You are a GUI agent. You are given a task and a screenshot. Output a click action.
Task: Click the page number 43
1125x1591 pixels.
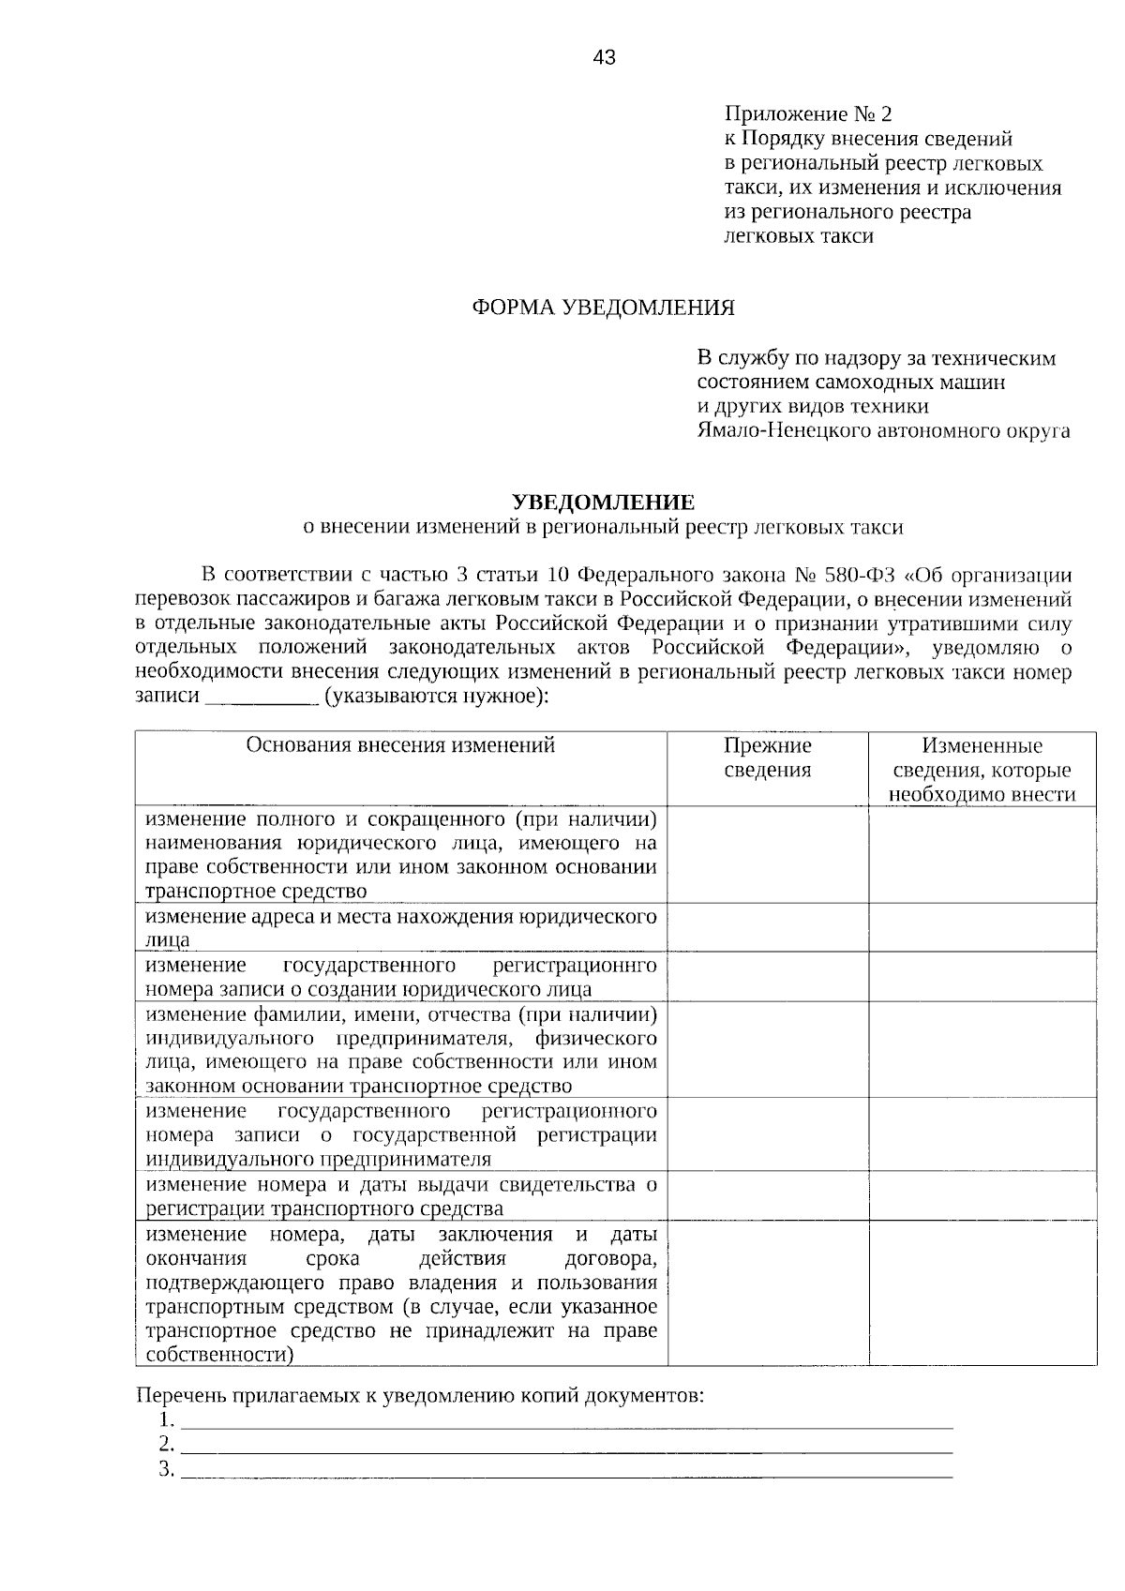coord(605,59)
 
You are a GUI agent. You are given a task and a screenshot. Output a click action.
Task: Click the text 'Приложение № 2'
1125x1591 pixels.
coord(807,114)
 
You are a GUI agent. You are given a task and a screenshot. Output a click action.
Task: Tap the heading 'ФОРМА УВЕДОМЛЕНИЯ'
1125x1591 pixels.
coord(603,308)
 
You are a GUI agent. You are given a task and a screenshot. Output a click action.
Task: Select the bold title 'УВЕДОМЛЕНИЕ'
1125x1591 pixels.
coord(603,503)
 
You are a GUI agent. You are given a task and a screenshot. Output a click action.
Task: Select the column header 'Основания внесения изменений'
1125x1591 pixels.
coord(400,745)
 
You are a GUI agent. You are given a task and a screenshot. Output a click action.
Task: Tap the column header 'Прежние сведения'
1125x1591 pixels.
coord(767,758)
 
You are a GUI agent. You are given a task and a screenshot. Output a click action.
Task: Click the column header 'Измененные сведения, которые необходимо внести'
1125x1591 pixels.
coord(982,770)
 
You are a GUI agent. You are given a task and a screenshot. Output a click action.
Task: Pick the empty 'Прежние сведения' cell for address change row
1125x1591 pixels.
coord(767,927)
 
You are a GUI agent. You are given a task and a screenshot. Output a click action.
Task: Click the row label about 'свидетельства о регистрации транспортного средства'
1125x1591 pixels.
coord(400,1196)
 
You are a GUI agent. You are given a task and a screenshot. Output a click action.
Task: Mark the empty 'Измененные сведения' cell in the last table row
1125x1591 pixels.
coord(982,1293)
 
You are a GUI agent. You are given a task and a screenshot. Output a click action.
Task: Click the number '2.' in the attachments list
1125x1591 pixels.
coord(167,1443)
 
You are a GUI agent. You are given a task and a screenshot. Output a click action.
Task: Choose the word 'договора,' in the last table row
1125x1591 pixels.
coord(611,1258)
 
